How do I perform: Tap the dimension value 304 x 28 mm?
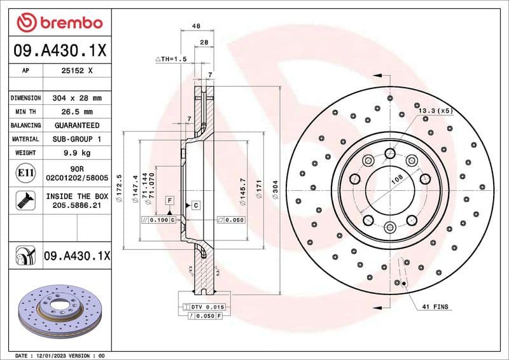click(x=76, y=99)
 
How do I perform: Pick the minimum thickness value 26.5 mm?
click(x=76, y=112)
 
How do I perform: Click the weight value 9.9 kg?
click(x=76, y=153)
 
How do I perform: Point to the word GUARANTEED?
click(x=76, y=125)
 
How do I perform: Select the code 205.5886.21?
click(x=76, y=207)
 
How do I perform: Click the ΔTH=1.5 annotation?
click(x=170, y=59)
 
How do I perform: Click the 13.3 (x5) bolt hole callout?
click(x=435, y=111)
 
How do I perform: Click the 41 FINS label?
click(x=435, y=307)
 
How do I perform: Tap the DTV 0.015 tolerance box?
click(x=203, y=307)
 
